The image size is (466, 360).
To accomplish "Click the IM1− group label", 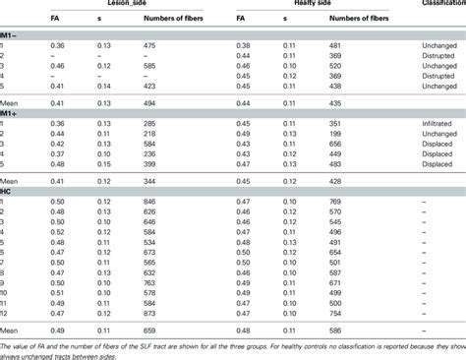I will [x=12, y=34].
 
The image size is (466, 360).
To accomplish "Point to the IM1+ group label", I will [x=12, y=114].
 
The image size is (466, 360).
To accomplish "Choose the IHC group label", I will [x=9, y=191].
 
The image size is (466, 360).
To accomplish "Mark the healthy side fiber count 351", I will [x=334, y=123].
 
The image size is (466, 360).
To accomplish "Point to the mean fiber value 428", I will [x=334, y=181].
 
